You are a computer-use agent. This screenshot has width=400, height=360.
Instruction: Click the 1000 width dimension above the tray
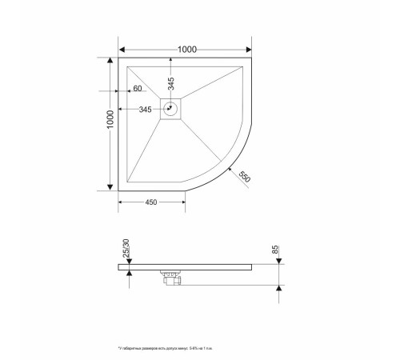click(x=186, y=50)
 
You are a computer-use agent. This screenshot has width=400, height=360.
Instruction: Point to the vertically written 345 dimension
click(x=171, y=82)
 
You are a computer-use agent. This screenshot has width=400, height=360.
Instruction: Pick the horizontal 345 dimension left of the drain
click(x=146, y=109)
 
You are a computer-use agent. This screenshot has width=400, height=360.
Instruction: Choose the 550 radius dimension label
click(x=244, y=177)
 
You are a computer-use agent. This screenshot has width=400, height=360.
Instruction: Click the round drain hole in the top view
click(x=171, y=108)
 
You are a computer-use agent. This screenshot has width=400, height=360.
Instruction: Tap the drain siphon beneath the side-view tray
click(x=170, y=278)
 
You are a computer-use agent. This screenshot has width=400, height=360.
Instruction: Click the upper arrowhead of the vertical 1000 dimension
click(x=110, y=61)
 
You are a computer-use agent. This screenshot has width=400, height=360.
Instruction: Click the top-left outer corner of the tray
click(x=119, y=58)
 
